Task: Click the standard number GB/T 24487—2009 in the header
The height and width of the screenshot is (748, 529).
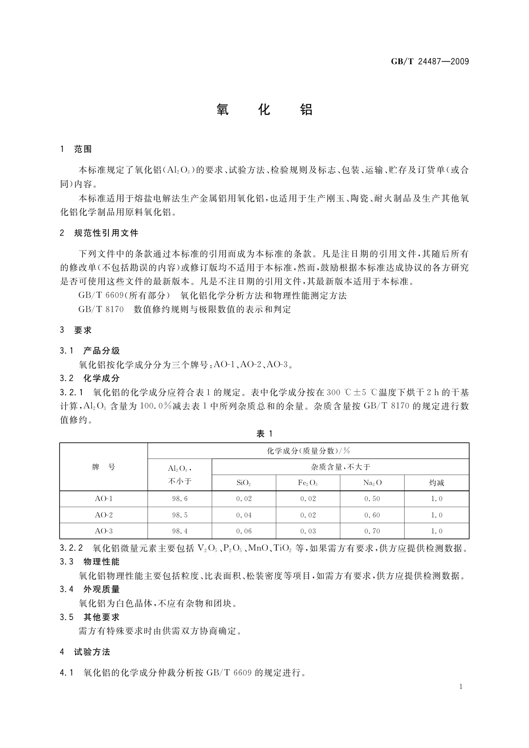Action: (430, 62)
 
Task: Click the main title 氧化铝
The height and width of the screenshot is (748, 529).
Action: (265, 109)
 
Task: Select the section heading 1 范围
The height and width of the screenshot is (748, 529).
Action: (76, 149)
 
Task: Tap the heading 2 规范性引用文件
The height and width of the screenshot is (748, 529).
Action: (99, 233)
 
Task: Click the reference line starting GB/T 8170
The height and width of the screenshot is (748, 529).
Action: (184, 310)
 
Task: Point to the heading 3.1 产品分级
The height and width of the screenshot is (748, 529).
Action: (90, 350)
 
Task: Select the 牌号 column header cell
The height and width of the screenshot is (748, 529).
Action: (103, 467)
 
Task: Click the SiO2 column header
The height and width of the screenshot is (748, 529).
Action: (244, 483)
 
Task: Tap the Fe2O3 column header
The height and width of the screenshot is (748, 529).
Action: (308, 483)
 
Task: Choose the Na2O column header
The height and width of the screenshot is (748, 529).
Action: (372, 483)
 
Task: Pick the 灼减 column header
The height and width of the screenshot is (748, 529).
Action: (437, 483)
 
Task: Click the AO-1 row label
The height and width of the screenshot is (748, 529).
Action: (103, 499)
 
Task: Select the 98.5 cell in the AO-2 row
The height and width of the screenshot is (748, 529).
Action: (180, 515)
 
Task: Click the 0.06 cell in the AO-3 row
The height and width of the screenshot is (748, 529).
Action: (244, 531)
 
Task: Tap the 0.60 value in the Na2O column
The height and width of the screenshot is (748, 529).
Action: (372, 515)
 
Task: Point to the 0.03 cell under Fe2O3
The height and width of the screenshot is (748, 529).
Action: (308, 531)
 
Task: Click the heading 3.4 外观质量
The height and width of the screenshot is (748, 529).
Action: (90, 589)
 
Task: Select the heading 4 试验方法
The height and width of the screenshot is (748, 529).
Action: (85, 652)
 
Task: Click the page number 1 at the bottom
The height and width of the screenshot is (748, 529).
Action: (461, 687)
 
